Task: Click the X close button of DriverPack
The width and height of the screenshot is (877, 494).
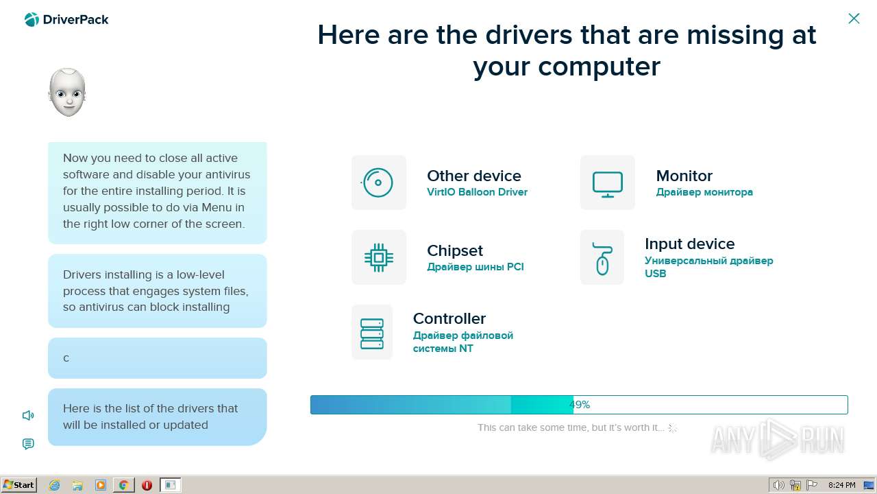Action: click(854, 19)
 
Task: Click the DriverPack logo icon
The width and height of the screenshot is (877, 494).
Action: click(32, 20)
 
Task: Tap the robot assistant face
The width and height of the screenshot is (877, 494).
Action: click(67, 93)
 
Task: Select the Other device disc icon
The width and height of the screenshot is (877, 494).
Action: click(378, 183)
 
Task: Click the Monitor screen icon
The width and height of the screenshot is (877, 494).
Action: click(608, 185)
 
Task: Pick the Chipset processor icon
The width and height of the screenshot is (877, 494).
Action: click(379, 257)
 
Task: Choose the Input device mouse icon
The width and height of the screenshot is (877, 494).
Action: click(602, 259)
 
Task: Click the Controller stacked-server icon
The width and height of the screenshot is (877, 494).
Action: click(372, 333)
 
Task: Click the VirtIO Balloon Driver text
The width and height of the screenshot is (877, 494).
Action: click(477, 192)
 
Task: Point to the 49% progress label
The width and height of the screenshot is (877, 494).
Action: click(580, 405)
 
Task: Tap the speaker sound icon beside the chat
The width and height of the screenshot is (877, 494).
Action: click(28, 415)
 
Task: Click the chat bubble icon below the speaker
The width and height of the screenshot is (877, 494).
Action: click(28, 444)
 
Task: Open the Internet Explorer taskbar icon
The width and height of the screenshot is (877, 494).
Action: click(54, 485)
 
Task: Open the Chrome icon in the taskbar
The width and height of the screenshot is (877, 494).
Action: click(124, 485)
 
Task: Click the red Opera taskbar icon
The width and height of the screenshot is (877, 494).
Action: click(147, 485)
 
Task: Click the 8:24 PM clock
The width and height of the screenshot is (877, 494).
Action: click(842, 485)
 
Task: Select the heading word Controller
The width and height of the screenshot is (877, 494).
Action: click(449, 318)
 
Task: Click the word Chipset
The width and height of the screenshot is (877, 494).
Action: click(455, 251)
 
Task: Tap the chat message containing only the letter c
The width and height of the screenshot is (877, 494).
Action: click(158, 358)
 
